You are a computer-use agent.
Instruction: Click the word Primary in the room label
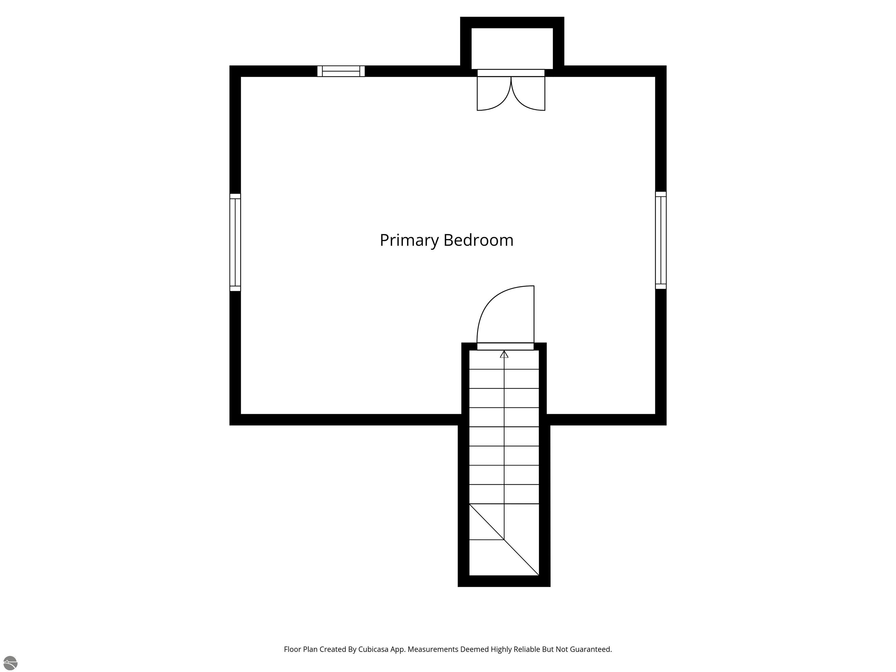point(409,241)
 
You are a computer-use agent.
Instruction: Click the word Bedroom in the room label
point(478,240)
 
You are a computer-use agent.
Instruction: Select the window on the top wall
point(341,71)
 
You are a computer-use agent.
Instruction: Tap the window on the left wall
point(235,242)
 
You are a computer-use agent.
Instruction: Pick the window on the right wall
point(661,240)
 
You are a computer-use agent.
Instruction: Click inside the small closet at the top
point(512,48)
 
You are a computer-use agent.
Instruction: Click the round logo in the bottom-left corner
point(10,663)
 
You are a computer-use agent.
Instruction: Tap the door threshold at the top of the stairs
point(505,346)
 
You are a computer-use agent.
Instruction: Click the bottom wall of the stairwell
point(504,581)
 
